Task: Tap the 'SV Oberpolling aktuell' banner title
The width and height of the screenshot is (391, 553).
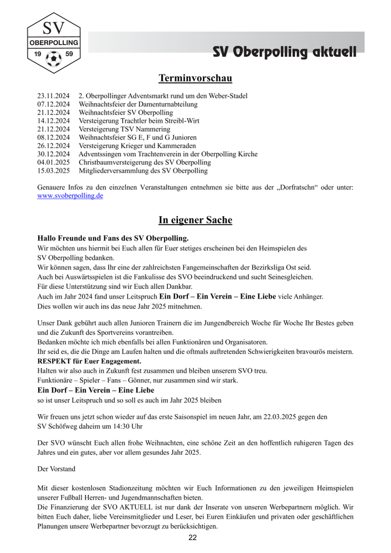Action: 285,52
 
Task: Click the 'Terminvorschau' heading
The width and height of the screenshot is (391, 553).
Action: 195,78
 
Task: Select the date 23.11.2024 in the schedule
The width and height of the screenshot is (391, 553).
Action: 53,96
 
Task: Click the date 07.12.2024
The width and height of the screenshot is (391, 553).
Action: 53,105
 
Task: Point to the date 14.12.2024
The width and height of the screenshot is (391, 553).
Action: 53,121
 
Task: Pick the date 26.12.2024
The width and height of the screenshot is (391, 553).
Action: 53,146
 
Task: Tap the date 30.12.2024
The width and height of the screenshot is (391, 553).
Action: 53,154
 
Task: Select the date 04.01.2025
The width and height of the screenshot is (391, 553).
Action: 53,163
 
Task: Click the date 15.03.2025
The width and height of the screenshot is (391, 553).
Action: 53,171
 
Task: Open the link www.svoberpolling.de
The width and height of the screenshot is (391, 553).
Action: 70,196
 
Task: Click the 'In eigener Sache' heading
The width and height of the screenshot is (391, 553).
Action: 195,220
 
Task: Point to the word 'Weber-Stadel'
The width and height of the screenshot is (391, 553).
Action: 228,96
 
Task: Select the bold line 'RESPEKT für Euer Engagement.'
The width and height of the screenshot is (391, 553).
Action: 89,361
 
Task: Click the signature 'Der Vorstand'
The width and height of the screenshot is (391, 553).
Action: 56,469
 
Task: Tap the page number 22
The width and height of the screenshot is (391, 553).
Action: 193,538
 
